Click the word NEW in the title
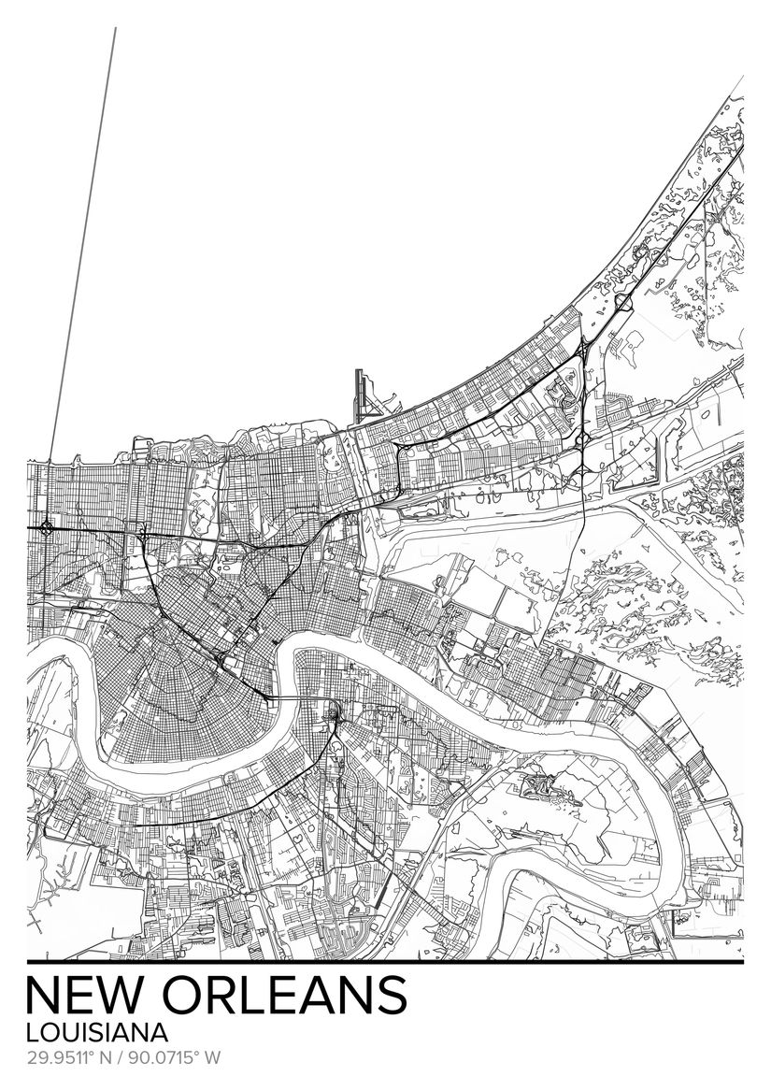coord(92,997)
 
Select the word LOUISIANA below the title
coord(98,1034)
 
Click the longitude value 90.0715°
coord(164,1059)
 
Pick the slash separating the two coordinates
coord(122,1059)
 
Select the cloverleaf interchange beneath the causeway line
coord(45,528)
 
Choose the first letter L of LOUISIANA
coord(33,1034)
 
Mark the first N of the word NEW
coord(48,997)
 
